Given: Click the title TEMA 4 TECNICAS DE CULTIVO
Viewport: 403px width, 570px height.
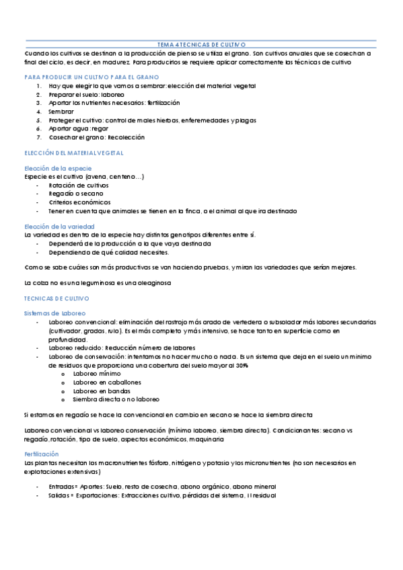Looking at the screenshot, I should coord(201,43).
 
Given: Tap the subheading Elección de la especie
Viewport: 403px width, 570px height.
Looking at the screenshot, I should coord(58,167).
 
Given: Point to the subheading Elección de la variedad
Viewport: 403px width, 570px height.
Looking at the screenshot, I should coord(59,227).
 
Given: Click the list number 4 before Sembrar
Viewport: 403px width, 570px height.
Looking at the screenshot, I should coord(40,112).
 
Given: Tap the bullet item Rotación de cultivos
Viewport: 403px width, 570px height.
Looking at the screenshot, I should coord(79,184).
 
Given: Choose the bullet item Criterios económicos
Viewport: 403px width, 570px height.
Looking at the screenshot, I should coord(79,202).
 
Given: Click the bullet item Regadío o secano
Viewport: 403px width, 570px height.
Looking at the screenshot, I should coord(75,193).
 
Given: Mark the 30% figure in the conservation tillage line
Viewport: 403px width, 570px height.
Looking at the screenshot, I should coord(241,365).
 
